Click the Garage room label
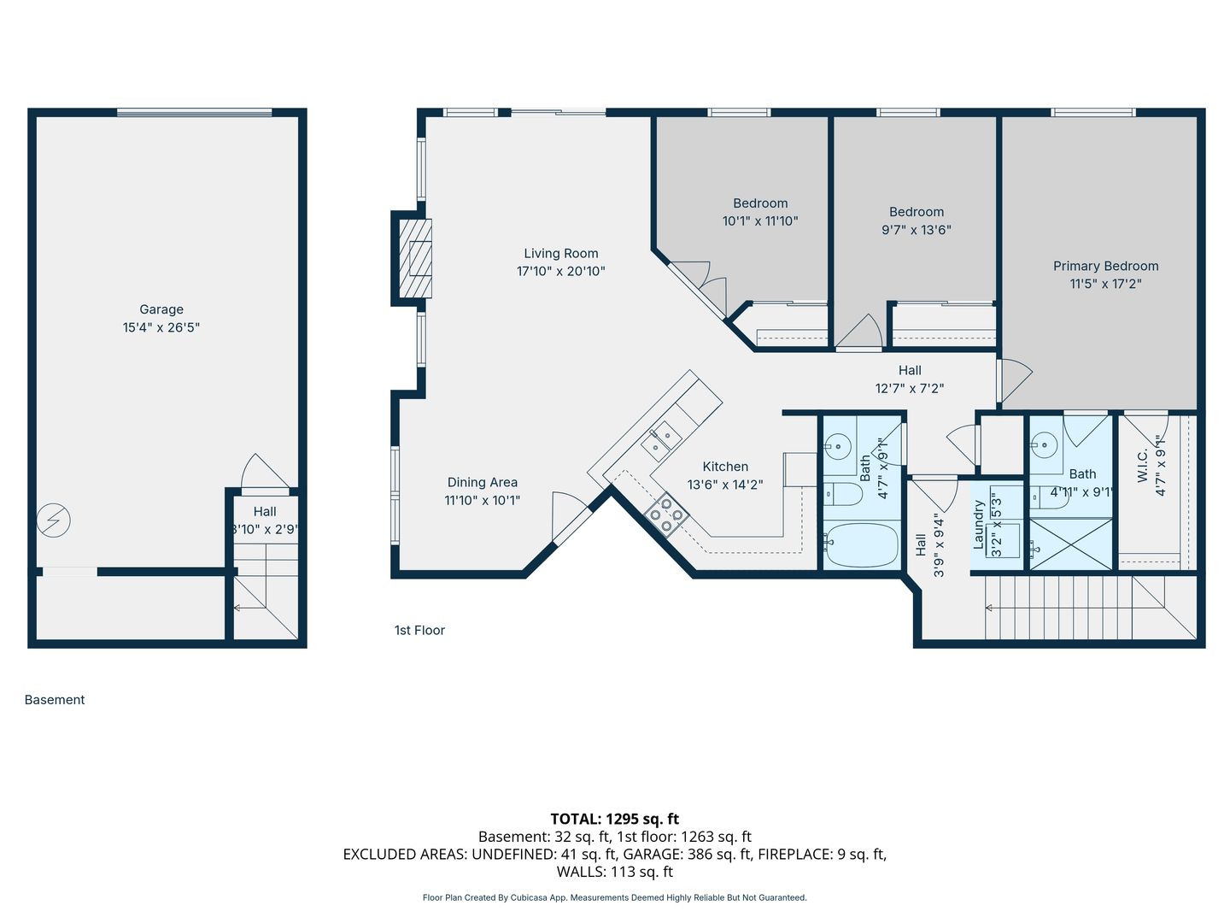click(161, 309)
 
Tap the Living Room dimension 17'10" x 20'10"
click(561, 271)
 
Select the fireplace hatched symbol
click(415, 258)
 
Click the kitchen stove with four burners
click(666, 514)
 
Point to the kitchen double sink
click(661, 441)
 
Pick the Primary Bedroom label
click(1105, 266)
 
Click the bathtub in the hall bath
click(862, 544)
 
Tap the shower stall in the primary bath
click(1071, 544)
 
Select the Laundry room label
click(979, 525)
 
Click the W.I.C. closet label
click(1143, 465)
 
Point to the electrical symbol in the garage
click(53, 520)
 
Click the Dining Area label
click(483, 483)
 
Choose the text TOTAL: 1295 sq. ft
click(615, 819)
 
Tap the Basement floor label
click(55, 699)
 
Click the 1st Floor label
click(419, 630)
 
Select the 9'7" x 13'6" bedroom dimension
click(917, 230)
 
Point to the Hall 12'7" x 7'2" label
click(910, 379)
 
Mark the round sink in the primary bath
click(1044, 446)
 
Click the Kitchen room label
click(725, 467)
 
